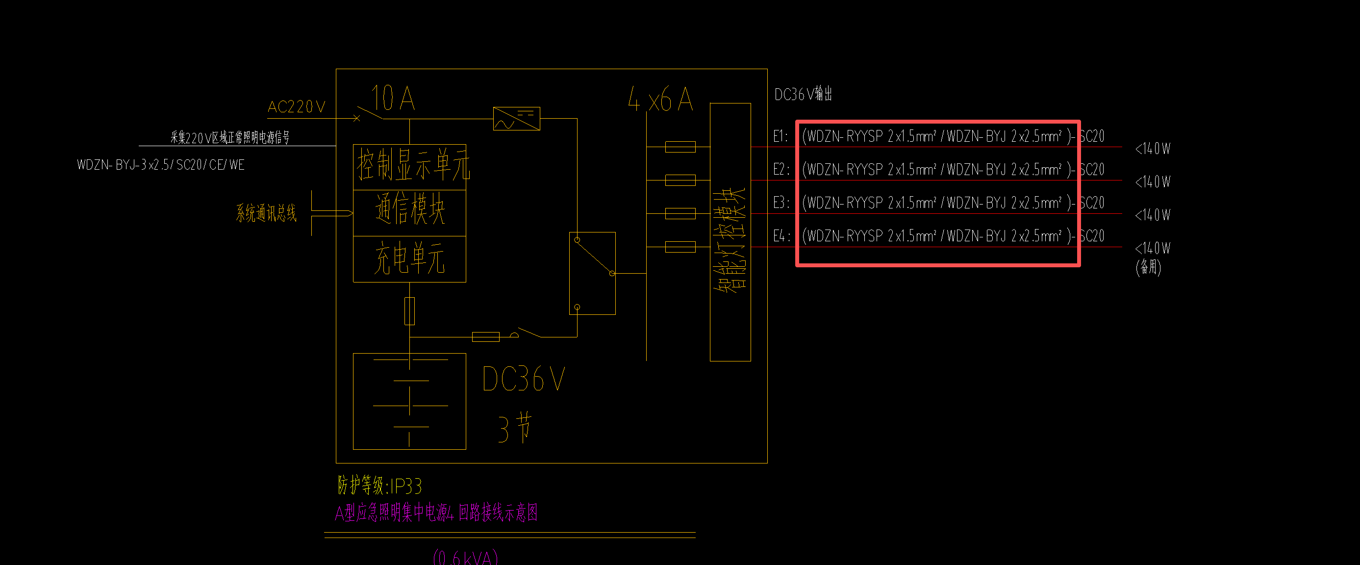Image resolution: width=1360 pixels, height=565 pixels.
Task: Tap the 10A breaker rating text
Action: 393,98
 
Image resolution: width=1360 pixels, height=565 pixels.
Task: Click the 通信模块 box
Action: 410,209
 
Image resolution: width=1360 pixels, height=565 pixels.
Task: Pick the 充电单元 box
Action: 410,259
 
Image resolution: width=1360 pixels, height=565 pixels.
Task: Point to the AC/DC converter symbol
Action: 516,119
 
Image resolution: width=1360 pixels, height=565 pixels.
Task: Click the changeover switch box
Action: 592,273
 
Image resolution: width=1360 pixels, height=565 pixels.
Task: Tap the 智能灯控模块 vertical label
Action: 730,240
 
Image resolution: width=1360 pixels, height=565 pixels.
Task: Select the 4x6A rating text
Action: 660,100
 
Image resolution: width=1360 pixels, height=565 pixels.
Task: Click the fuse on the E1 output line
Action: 680,147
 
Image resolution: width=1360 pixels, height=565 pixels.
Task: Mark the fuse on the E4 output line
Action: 680,247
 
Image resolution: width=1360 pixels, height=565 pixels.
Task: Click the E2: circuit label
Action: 781,170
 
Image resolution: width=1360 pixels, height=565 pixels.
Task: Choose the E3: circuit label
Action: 781,203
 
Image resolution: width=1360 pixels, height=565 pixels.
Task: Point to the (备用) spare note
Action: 1148,267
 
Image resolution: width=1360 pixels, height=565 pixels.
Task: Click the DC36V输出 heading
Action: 803,95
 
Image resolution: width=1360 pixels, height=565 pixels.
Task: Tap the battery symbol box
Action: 409,401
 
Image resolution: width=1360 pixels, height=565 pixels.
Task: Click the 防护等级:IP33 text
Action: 379,485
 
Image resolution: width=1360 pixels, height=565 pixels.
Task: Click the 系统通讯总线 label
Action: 266,213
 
